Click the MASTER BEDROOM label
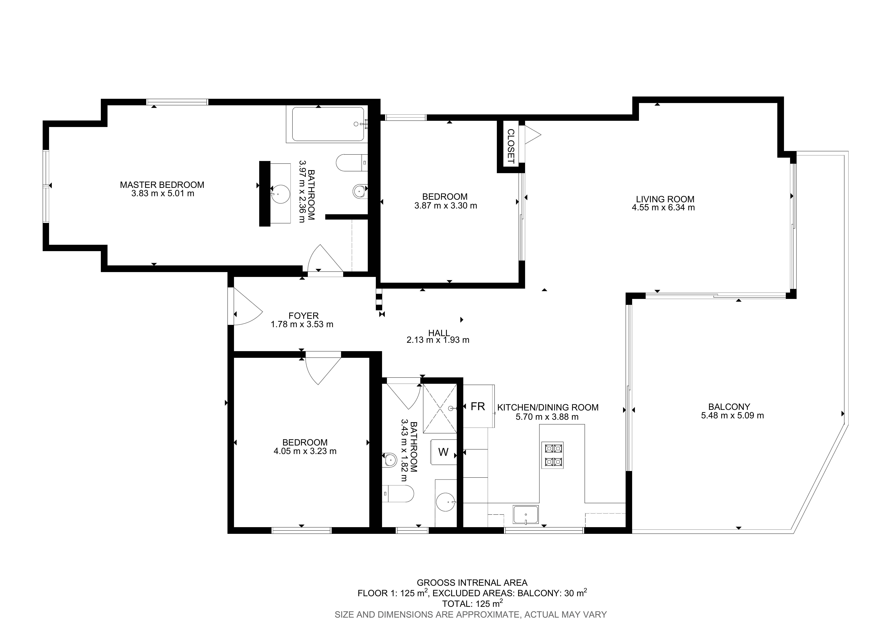pos(162,185)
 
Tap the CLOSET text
pos(511,146)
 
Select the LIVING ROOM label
pos(665,199)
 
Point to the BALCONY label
pos(729,407)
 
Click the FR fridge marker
pos(478,406)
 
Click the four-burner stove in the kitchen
pos(552,455)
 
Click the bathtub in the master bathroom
pos(328,124)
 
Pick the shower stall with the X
pos(440,408)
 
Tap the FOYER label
pos(304,316)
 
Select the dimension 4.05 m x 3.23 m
pos(305,451)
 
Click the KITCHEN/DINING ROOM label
pos(548,407)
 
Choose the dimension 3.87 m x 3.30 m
pos(446,206)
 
